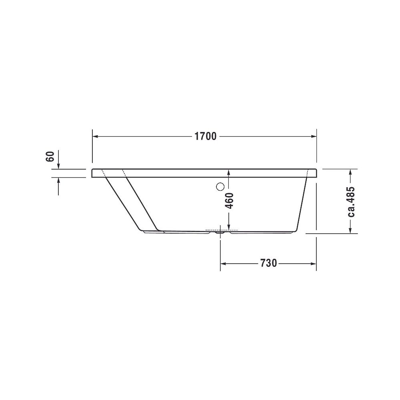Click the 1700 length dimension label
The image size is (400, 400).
pyautogui.click(x=205, y=136)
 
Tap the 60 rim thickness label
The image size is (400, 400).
pyautogui.click(x=50, y=156)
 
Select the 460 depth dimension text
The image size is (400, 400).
pyautogui.click(x=230, y=201)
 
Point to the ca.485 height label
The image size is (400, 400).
pyautogui.click(x=351, y=202)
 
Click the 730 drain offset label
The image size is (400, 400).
pyautogui.click(x=268, y=263)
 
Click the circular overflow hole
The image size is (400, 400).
pyautogui.click(x=220, y=187)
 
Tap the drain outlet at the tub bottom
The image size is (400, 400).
pyautogui.click(x=220, y=232)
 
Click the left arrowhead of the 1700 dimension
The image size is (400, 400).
pyautogui.click(x=95, y=136)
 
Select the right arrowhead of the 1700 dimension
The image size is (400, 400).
pyautogui.click(x=313, y=136)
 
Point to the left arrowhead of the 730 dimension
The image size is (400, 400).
pyautogui.click(x=223, y=264)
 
